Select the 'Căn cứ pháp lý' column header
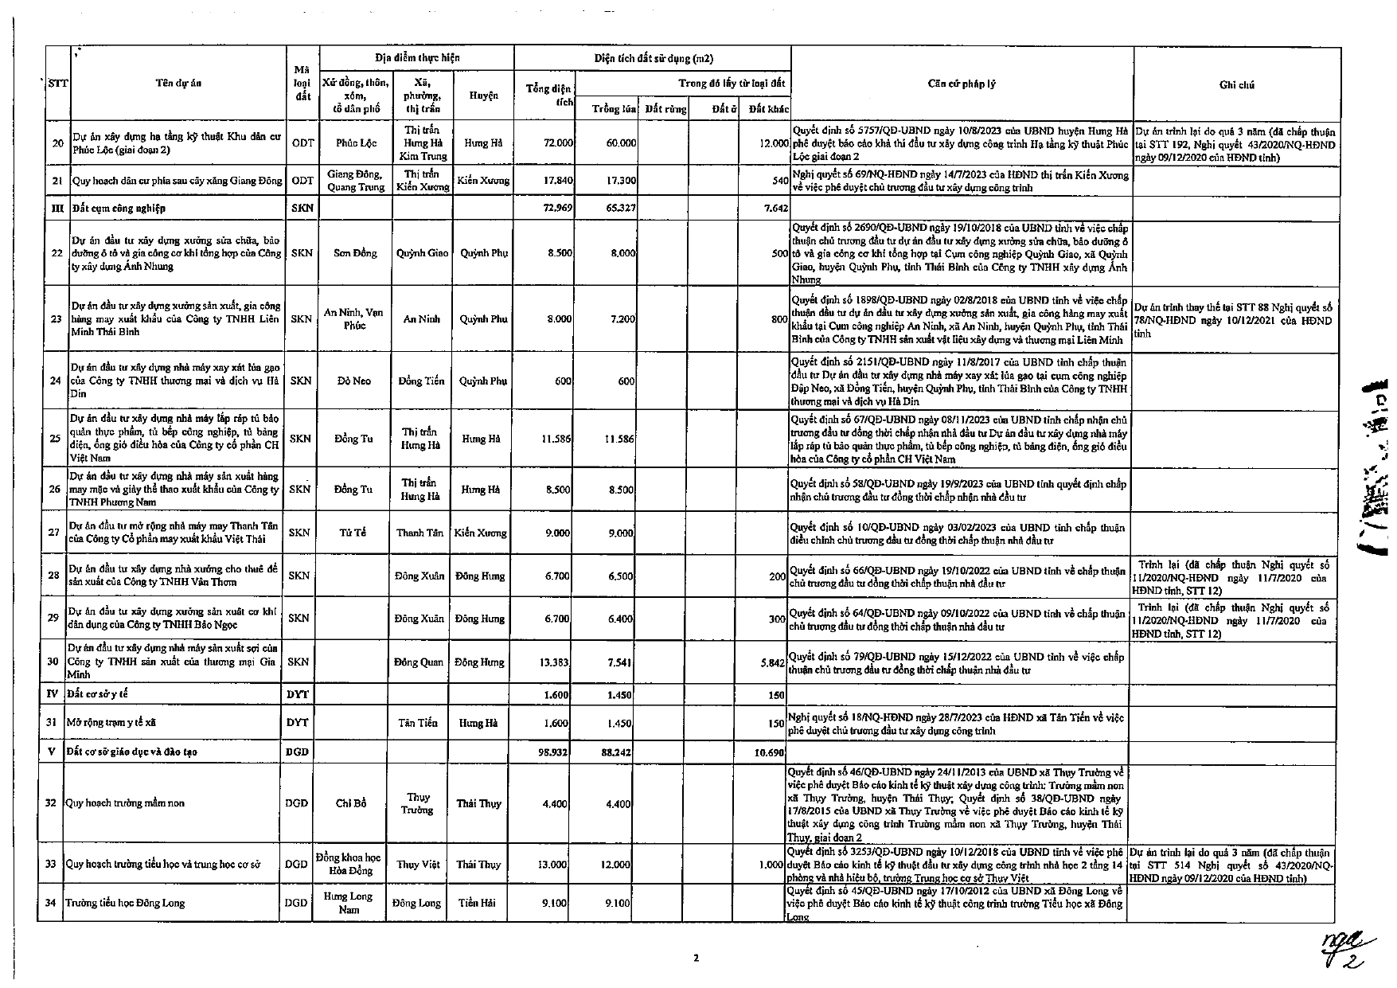click(962, 84)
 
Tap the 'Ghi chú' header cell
click(1236, 84)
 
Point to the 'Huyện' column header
click(483, 96)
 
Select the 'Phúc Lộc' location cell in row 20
click(355, 143)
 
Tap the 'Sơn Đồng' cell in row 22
click(353, 253)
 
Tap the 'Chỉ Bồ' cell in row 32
click(350, 803)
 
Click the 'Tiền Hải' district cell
click(478, 903)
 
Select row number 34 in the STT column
click(50, 903)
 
